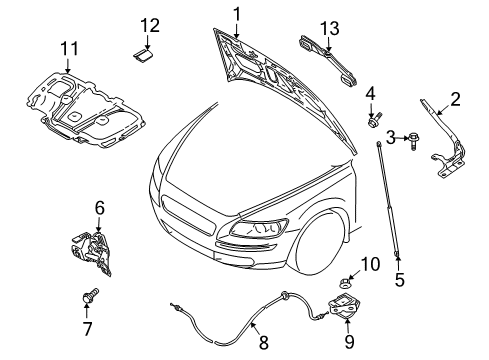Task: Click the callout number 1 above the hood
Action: point(237,15)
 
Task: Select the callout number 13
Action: point(330,29)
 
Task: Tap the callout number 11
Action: point(69,49)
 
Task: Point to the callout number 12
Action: point(150,25)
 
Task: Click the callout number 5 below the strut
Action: point(399,280)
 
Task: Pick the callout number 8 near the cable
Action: point(263,342)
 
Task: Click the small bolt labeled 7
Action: point(90,295)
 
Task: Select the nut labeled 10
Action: point(344,284)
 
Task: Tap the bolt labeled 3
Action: point(413,140)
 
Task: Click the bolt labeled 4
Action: point(374,120)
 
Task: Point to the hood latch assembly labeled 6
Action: point(91,253)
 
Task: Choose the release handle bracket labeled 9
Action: point(345,306)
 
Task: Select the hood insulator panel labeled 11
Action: point(86,108)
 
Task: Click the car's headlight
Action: point(259,228)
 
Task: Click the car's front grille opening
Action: point(188,216)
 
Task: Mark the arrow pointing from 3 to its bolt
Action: point(402,138)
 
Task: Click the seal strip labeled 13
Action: point(327,61)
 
